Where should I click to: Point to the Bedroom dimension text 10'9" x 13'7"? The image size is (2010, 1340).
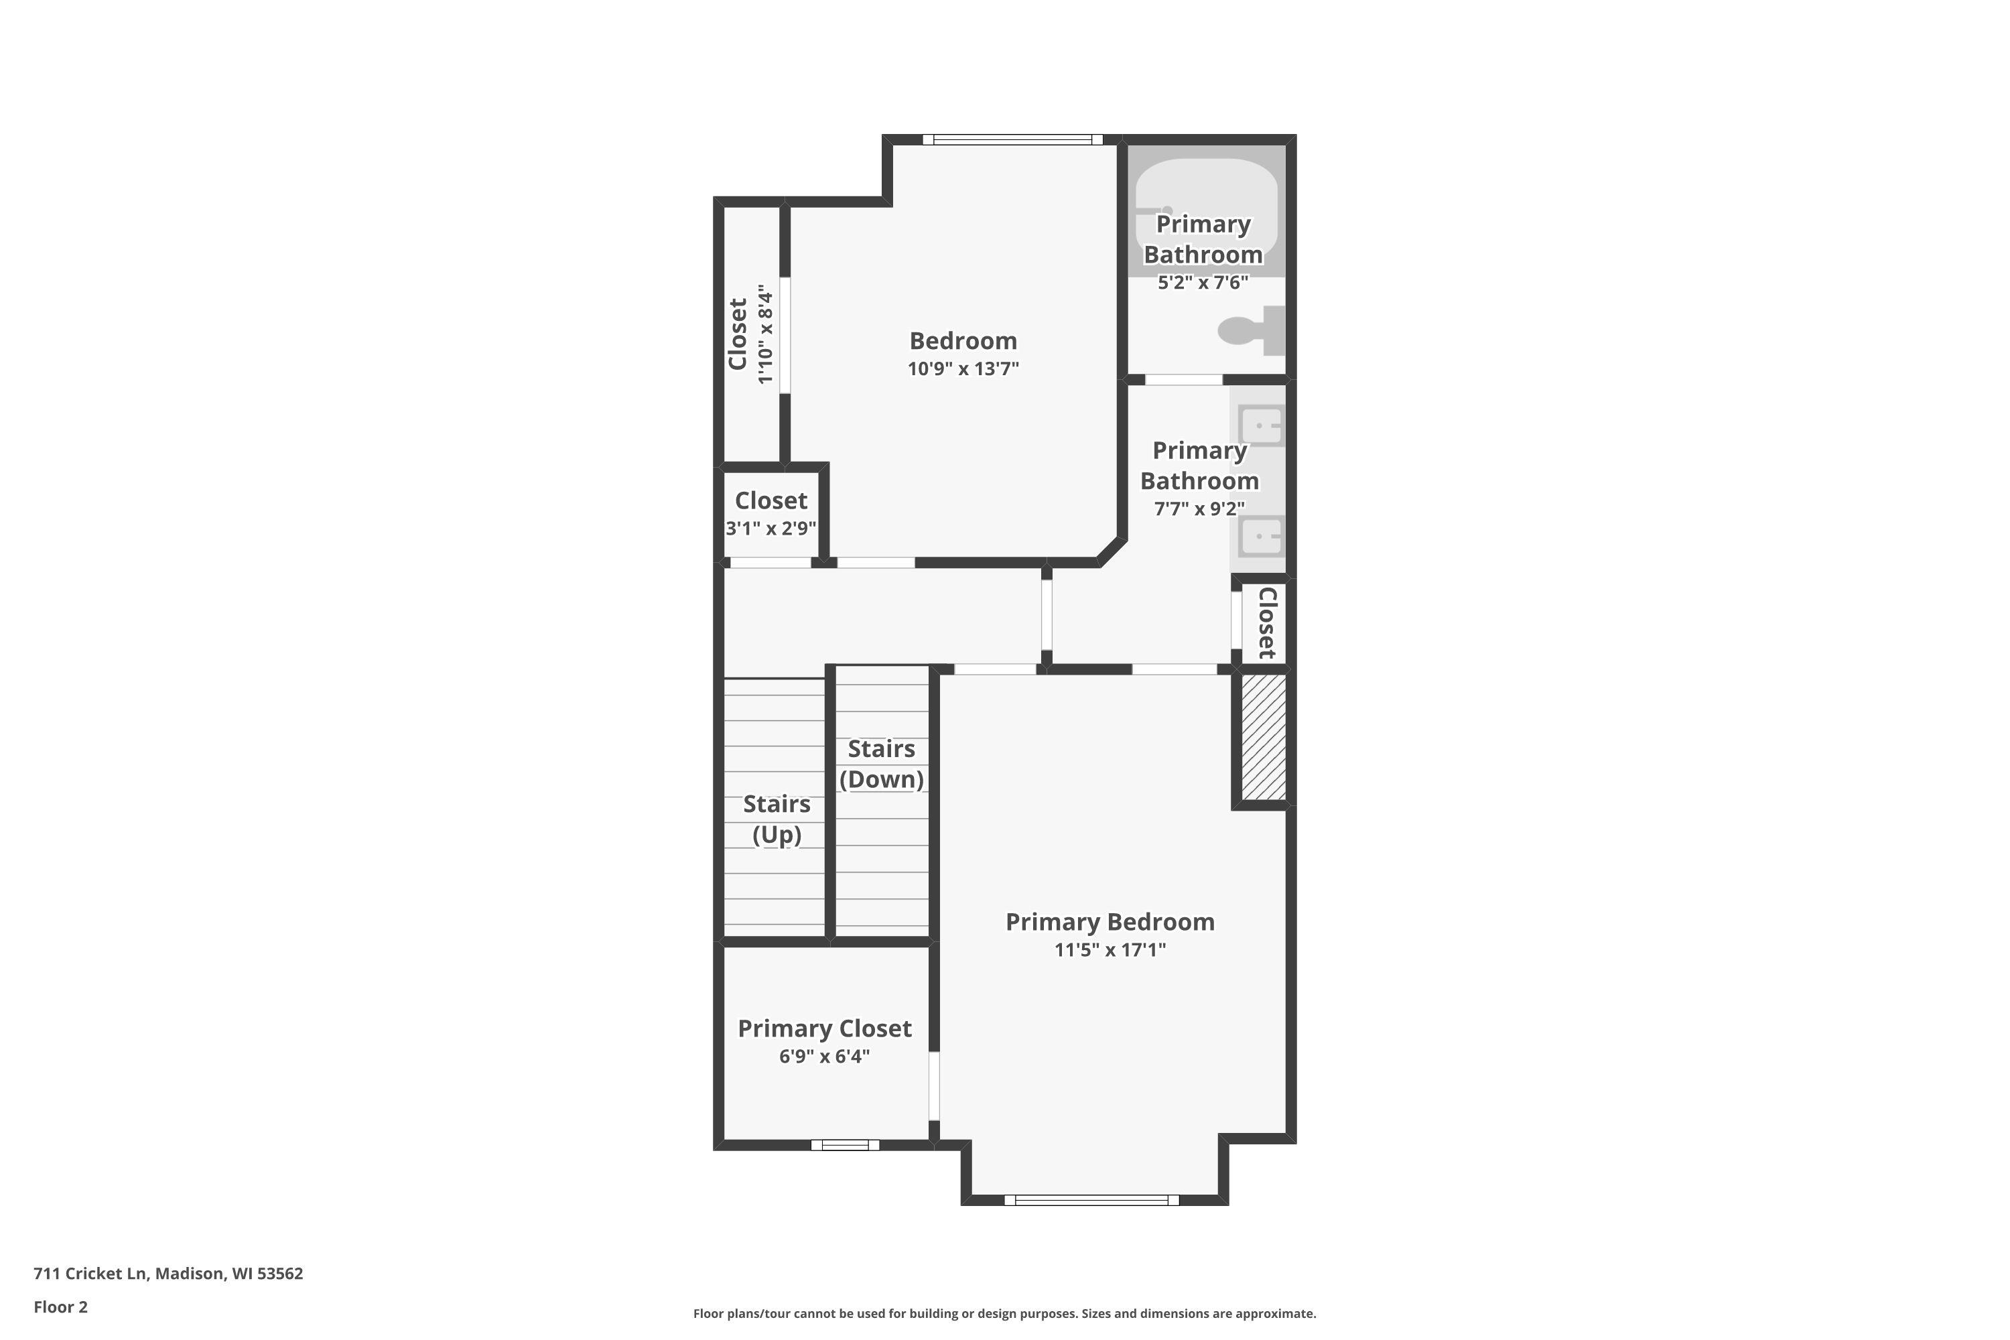[963, 369]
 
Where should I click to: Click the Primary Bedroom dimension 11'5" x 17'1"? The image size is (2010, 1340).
[1110, 949]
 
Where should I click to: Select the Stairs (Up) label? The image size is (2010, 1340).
[776, 819]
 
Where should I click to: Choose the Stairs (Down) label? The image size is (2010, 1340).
[881, 764]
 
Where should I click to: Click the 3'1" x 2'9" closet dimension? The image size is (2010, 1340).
[771, 528]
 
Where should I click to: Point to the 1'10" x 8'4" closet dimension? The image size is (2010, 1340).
[765, 334]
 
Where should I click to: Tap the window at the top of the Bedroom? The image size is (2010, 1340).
[1012, 140]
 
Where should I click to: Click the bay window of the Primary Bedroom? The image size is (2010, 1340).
[1091, 1200]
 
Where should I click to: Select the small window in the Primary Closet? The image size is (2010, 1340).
[844, 1145]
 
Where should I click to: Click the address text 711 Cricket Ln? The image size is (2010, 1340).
[168, 1274]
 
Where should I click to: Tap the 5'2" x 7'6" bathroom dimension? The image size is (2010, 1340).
[1203, 283]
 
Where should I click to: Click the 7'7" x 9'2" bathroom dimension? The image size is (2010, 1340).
[1199, 509]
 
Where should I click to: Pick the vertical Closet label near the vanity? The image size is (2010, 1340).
[1266, 623]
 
